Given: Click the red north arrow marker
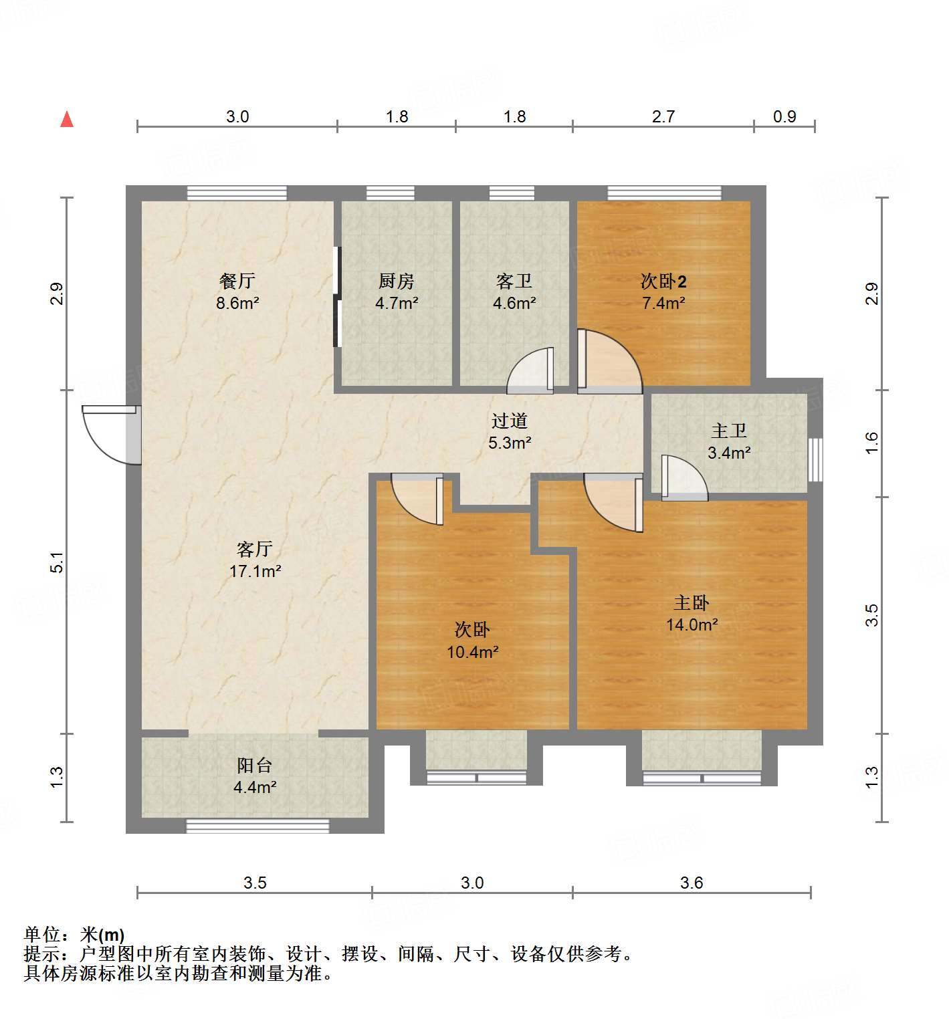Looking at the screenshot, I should [x=67, y=120].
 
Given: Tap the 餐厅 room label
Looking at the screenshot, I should [x=237, y=281].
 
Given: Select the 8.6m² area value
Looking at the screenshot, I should [x=237, y=303].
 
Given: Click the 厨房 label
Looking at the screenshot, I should [x=397, y=281].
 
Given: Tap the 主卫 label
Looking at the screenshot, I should [x=728, y=431].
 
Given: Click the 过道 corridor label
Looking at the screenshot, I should [x=510, y=421].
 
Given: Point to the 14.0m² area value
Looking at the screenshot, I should [x=692, y=625].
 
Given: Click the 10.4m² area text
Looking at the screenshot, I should [x=472, y=652].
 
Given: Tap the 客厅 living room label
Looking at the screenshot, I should [x=255, y=550].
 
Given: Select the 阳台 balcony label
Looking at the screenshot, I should [x=255, y=766].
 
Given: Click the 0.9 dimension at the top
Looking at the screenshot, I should [x=784, y=117].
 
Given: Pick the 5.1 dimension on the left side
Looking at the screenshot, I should [x=58, y=562].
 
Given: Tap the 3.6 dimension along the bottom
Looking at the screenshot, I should [x=692, y=883].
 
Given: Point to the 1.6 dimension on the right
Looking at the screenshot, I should [x=871, y=443].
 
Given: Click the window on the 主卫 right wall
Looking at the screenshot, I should [x=815, y=459].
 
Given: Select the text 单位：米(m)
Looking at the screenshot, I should [x=74, y=935].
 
